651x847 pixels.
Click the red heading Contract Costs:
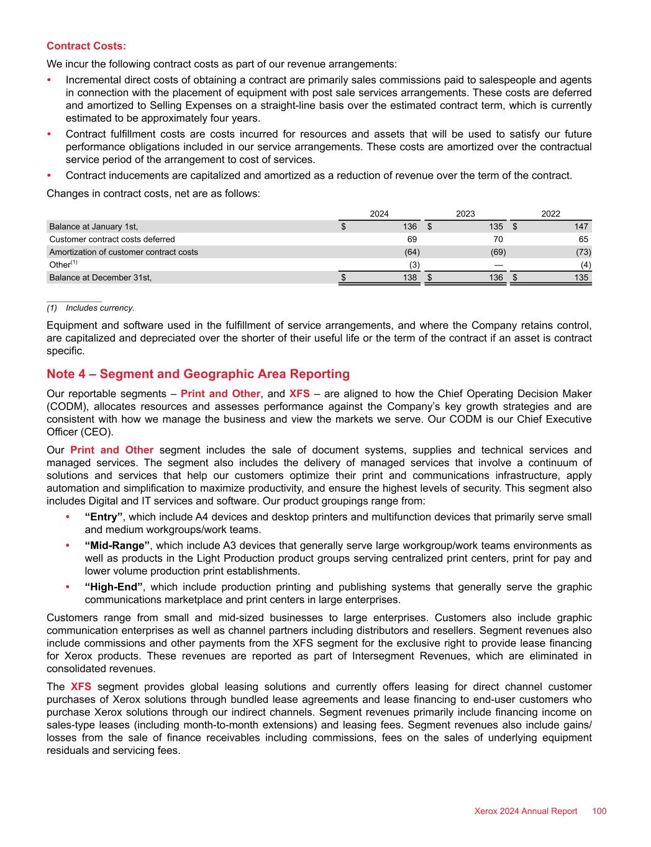pyautogui.click(x=86, y=46)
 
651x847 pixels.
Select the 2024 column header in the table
pyautogui.click(x=380, y=213)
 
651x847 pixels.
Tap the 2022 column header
pyautogui.click(x=550, y=213)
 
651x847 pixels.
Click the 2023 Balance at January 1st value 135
pyautogui.click(x=495, y=226)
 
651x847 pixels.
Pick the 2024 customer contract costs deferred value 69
pyautogui.click(x=411, y=239)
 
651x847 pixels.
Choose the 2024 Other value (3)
pyautogui.click(x=411, y=265)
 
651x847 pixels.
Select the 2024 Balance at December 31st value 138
pyautogui.click(x=409, y=277)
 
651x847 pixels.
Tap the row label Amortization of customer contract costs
pyautogui.click(x=124, y=252)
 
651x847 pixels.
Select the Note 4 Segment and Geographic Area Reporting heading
pyautogui.click(x=198, y=374)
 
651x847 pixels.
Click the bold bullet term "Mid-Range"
pyautogui.click(x=117, y=545)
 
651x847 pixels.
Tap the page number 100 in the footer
pyautogui.click(x=599, y=812)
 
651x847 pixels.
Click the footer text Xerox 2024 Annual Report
pyautogui.click(x=526, y=812)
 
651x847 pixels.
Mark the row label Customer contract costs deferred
pyautogui.click(x=112, y=239)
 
